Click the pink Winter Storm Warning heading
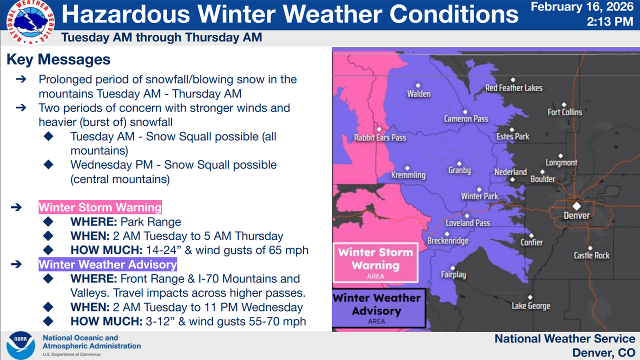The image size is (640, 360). click(100, 207)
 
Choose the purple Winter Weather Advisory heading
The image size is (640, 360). click(107, 264)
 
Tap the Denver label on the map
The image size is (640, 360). click(576, 215)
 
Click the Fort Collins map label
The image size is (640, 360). click(564, 112)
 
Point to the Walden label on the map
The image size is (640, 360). click(418, 93)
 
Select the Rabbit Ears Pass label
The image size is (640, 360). click(380, 137)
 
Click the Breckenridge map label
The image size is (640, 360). click(447, 241)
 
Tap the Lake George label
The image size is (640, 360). click(530, 305)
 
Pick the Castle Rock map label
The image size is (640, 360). click(591, 255)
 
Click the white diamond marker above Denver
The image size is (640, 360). click(576, 205)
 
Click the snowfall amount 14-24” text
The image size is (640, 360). click(161, 250)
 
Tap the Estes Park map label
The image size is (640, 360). click(512, 136)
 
